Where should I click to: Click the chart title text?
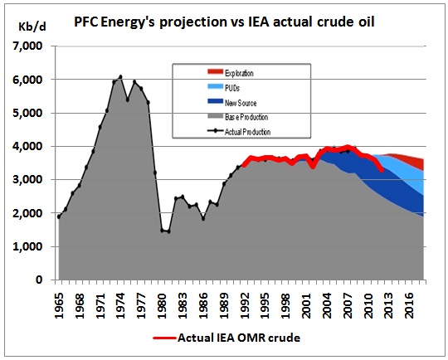(224, 22)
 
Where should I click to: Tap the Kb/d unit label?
(32, 27)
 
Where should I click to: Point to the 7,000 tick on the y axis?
(27, 46)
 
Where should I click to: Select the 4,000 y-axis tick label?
(27, 146)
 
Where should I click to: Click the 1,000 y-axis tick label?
(27, 246)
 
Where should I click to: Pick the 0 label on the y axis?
(39, 280)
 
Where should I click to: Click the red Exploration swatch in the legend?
(215, 71)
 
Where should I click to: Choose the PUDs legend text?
(232, 88)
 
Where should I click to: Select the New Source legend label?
(241, 103)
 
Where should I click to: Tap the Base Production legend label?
(246, 117)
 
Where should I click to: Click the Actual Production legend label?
(248, 132)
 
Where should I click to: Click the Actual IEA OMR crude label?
(239, 338)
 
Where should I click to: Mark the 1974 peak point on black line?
(120, 76)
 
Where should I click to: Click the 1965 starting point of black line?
(59, 216)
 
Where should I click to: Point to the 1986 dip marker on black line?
(203, 219)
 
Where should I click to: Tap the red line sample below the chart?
(164, 338)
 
